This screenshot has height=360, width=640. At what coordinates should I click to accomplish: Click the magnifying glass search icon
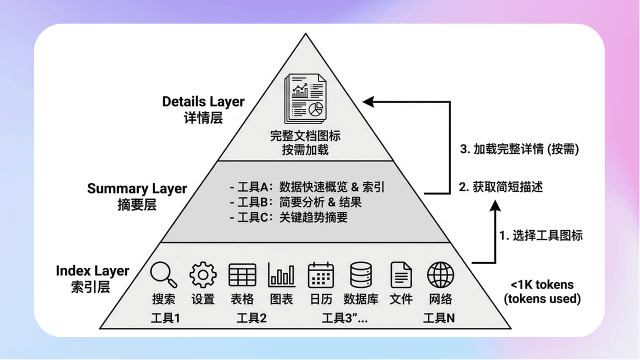163,274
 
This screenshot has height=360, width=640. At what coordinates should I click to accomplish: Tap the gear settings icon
203,274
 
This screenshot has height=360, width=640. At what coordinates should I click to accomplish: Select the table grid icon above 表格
242,274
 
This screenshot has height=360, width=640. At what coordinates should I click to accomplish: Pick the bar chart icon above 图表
281,274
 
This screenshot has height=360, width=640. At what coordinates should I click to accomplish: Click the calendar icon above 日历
320,274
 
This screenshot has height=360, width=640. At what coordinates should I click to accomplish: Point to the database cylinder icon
360,274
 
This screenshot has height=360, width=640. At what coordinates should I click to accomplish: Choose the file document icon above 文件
401,274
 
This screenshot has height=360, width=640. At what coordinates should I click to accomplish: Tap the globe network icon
440,274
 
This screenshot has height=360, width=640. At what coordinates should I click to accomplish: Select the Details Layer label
203,101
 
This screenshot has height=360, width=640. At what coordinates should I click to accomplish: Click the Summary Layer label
137,189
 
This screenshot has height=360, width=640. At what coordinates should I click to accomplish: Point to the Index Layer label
92,271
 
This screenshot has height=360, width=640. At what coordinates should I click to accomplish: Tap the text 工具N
439,318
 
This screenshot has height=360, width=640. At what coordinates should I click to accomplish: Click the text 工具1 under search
165,318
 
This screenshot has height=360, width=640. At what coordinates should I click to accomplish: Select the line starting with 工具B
295,202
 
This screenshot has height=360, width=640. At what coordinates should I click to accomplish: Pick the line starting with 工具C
288,217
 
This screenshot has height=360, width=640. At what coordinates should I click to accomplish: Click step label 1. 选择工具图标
541,235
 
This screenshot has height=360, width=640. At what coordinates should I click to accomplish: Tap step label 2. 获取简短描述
500,187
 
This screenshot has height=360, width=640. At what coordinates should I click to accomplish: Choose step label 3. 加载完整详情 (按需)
518,149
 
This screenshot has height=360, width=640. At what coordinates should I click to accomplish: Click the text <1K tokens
542,285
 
